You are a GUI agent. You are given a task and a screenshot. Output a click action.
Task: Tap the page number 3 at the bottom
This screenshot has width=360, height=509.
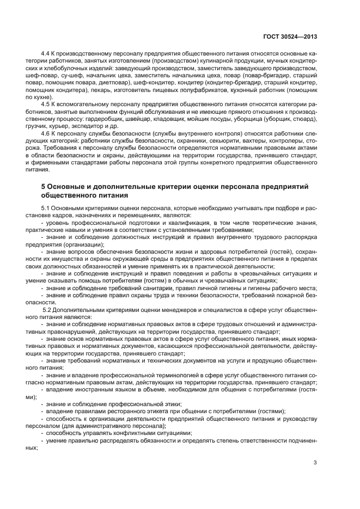tap(315, 463)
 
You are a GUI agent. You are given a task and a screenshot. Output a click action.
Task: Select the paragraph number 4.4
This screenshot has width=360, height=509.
tap(46, 55)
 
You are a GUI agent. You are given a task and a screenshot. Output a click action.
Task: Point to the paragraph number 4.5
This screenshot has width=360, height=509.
tap(46, 103)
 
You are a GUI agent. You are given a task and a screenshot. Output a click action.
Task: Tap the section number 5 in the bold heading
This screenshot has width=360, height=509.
tap(44, 186)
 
